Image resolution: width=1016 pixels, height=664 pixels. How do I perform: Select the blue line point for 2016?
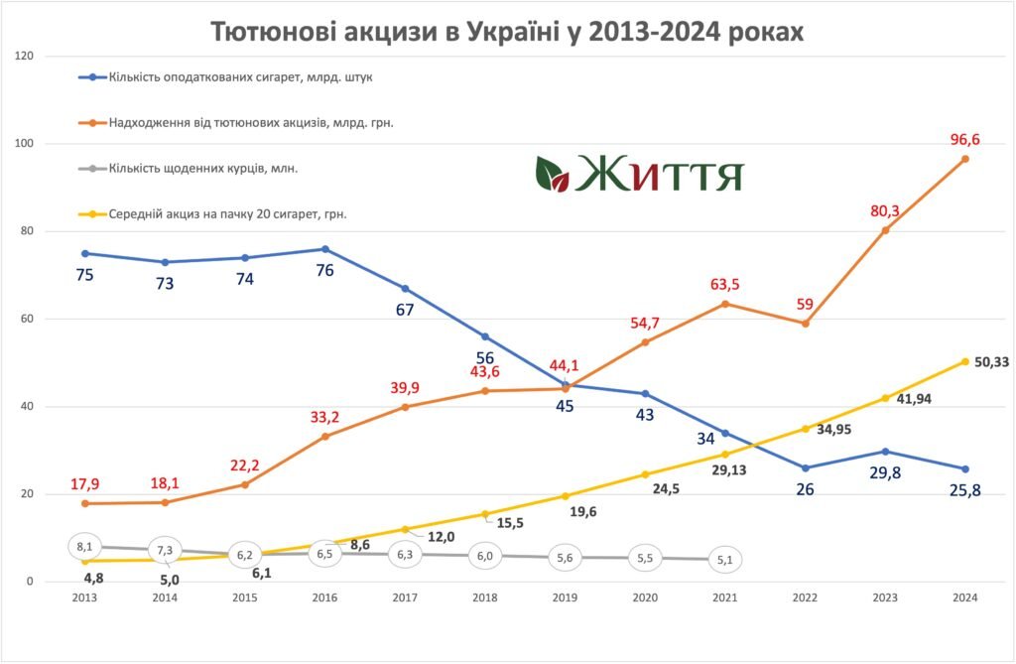point(325,249)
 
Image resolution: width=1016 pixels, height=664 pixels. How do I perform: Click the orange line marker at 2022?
point(806,324)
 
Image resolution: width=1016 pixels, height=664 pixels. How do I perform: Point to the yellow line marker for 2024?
point(965,361)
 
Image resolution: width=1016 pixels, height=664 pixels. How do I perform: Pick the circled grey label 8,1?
point(84,545)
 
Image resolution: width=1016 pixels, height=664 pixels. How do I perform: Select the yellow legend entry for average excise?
point(217,212)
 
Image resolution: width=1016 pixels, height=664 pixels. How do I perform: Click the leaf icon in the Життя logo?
point(551,174)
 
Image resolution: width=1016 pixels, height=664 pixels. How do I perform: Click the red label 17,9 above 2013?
point(85,484)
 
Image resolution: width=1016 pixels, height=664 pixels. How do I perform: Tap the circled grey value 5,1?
point(725,561)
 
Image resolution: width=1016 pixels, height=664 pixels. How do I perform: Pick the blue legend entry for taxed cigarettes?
point(229,76)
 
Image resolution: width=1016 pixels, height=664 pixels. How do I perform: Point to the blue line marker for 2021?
point(725,433)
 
